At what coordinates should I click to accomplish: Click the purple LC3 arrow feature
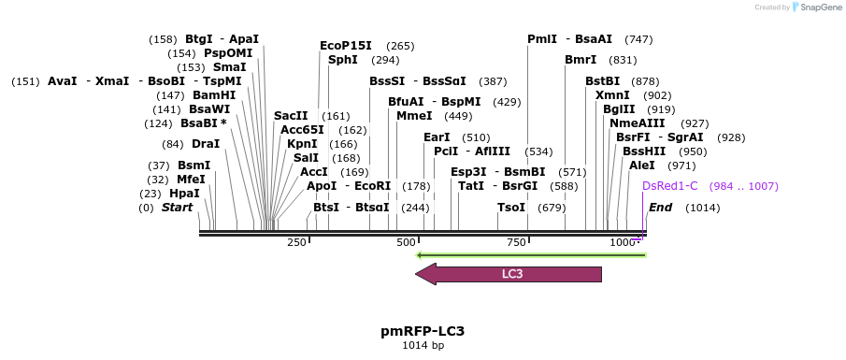click(x=509, y=274)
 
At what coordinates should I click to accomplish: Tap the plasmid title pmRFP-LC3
click(x=423, y=331)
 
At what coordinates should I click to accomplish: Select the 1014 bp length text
click(x=423, y=346)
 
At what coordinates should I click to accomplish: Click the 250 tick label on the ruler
click(x=296, y=243)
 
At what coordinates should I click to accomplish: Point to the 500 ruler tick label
click(x=406, y=243)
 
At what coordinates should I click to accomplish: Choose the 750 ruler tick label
click(x=517, y=243)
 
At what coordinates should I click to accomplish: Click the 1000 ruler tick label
click(x=624, y=243)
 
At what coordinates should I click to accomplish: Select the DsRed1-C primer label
click(x=670, y=186)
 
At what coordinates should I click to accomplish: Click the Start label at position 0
click(x=177, y=208)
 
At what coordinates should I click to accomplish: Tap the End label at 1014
click(x=661, y=208)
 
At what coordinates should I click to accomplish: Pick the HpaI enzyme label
click(x=184, y=194)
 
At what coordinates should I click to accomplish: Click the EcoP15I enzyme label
click(x=346, y=46)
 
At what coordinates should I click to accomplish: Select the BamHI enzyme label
click(x=214, y=95)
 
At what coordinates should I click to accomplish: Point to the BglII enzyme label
click(x=619, y=109)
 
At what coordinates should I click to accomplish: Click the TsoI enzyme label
click(x=511, y=208)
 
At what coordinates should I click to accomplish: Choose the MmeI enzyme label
click(x=414, y=116)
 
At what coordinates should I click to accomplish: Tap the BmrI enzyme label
click(x=581, y=60)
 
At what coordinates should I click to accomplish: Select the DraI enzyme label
click(x=205, y=144)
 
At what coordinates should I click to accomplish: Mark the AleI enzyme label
click(x=642, y=166)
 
